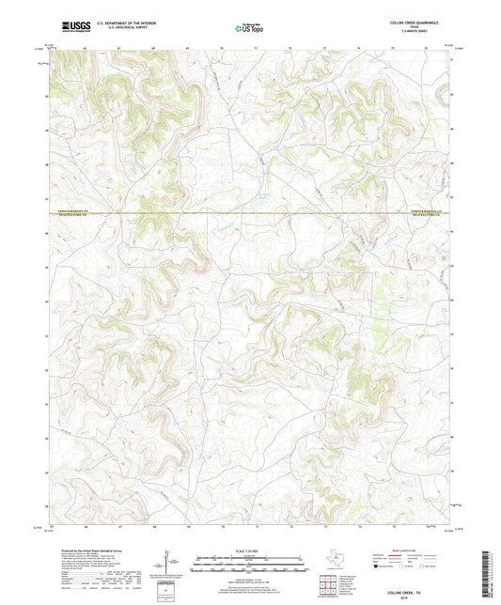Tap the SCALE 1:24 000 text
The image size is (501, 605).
(249, 549)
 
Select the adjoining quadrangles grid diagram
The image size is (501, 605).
(328, 586)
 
